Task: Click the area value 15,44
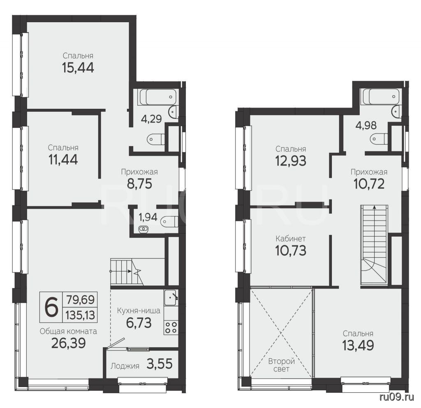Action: tap(78, 67)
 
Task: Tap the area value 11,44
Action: tap(63, 159)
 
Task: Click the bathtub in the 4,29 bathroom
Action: tap(158, 97)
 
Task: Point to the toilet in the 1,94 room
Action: tap(169, 221)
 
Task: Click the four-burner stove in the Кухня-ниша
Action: tap(171, 327)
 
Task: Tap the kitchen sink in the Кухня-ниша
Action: tap(171, 297)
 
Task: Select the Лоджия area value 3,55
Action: tap(160, 364)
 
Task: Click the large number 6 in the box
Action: tap(51, 307)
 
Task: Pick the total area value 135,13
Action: tap(80, 315)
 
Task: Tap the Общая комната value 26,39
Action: tap(69, 343)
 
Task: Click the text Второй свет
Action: tap(282, 365)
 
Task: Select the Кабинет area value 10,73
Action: tap(291, 251)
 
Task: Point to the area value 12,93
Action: tap(291, 161)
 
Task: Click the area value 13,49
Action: tap(358, 346)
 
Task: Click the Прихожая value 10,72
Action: tap(369, 184)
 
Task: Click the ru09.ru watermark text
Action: tap(397, 397)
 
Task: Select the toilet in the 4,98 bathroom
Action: tap(379, 139)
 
